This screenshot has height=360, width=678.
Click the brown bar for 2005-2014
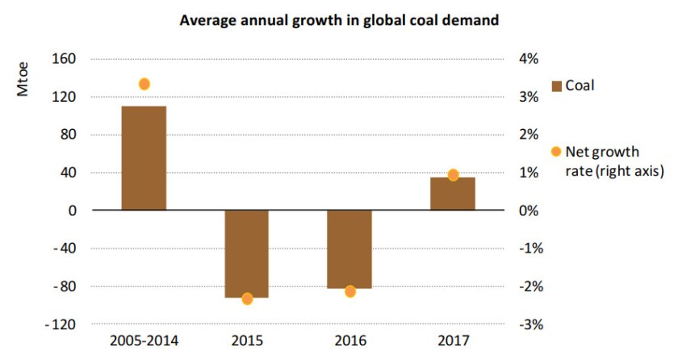[144, 157]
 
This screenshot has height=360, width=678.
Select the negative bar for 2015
[246, 253]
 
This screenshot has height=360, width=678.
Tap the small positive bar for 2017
[452, 194]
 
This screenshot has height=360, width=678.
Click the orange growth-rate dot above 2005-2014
[144, 84]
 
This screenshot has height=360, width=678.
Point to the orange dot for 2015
[247, 299]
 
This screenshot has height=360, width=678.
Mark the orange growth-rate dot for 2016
[350, 291]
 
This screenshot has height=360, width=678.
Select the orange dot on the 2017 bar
[453, 175]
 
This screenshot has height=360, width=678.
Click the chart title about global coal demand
[339, 20]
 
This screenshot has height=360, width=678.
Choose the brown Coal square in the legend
[555, 86]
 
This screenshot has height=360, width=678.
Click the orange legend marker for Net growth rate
[555, 152]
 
